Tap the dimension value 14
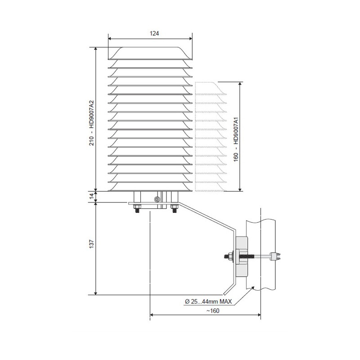[91, 197]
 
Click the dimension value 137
[91, 244]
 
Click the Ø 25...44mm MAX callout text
[208, 301]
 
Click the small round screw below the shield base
[157, 199]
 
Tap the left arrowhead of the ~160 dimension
[152, 315]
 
